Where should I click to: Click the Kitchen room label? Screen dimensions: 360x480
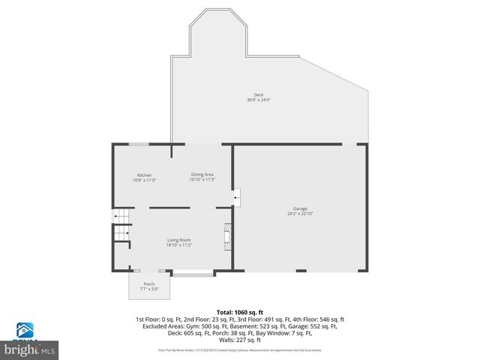tap(144, 175)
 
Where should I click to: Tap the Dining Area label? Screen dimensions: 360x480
tap(202, 174)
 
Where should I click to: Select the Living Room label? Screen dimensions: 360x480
tap(178, 240)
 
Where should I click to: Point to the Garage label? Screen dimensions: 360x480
tap(300, 208)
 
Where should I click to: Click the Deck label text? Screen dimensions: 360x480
tap(258, 94)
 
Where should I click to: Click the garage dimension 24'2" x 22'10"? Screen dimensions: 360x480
tap(300, 214)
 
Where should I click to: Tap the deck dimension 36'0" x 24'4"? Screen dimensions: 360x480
tap(258, 100)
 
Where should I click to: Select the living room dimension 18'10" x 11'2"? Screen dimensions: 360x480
tap(178, 245)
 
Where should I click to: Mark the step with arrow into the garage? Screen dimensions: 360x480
tap(235, 198)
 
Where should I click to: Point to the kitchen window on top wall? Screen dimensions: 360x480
tap(138, 144)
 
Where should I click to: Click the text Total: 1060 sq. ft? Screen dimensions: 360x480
tap(240, 311)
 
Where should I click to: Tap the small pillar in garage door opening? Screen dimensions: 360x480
tap(301, 270)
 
